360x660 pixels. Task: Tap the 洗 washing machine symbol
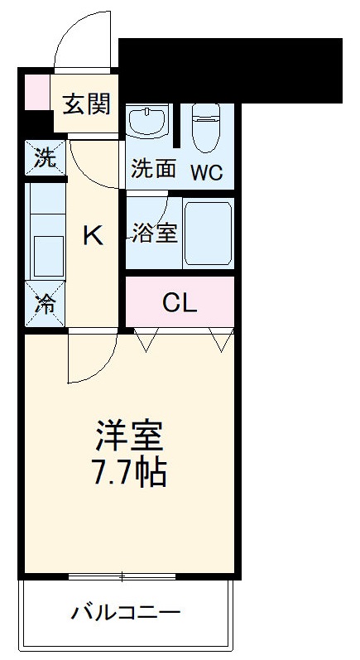45,157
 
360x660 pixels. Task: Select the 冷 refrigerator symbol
45,304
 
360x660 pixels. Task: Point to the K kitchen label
93,237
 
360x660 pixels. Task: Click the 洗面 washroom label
154,169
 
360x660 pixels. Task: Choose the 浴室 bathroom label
154,233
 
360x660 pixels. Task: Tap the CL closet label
180,304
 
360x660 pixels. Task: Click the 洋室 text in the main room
131,436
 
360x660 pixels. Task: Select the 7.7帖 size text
131,473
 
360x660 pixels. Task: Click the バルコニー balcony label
126,614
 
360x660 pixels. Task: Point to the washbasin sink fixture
148,122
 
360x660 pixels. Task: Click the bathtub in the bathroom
207,233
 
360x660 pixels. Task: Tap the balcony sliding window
122,576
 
